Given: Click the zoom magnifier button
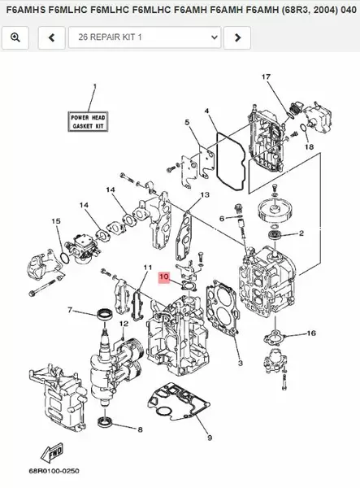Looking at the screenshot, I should (x=16, y=37).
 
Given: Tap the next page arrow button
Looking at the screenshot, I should (x=236, y=37).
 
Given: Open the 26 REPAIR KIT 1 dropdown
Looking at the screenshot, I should (x=145, y=37).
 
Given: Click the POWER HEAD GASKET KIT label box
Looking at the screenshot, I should (x=88, y=121).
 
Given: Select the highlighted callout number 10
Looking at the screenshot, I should (x=164, y=277).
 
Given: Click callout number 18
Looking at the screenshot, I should (x=309, y=147).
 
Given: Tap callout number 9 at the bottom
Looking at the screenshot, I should (x=210, y=438).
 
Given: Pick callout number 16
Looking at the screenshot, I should (x=311, y=333).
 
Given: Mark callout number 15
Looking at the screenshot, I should (x=56, y=221).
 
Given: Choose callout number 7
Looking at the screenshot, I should (x=69, y=310).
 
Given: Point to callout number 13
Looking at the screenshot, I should (x=206, y=195).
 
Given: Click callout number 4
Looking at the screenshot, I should (x=206, y=110).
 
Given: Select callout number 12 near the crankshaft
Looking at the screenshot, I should (x=124, y=324).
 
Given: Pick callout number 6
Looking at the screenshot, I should (x=221, y=218).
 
